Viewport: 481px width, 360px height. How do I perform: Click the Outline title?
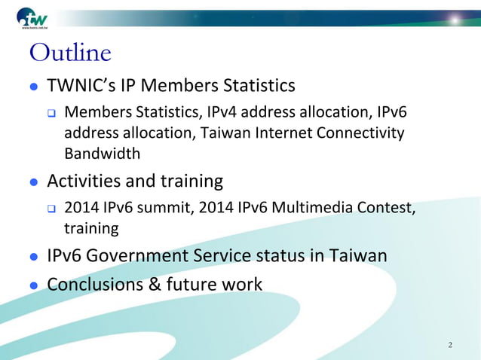(69, 53)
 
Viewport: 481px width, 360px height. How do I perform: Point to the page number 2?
(450, 345)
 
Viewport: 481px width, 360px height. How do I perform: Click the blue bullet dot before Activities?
(33, 182)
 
